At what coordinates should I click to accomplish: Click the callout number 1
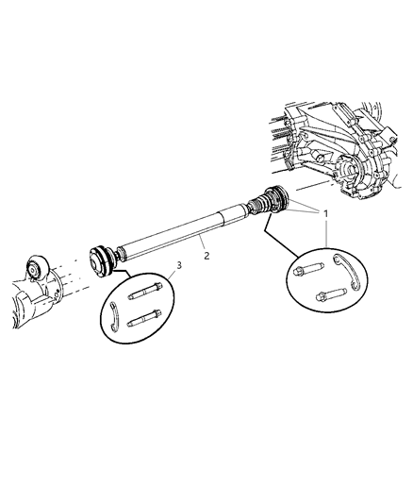[x=326, y=214]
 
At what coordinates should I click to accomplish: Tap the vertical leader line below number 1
[x=325, y=232]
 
